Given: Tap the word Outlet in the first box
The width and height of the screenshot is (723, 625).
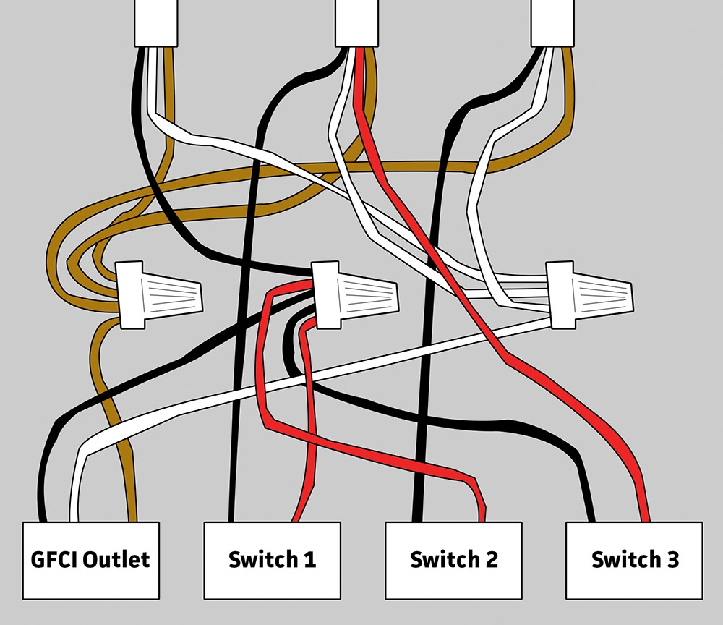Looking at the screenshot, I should [x=116, y=559].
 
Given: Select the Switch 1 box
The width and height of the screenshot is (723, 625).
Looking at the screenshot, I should [x=272, y=560].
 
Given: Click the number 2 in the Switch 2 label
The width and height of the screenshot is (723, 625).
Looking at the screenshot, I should [x=491, y=560].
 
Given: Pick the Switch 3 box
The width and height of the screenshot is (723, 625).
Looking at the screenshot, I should [x=634, y=560].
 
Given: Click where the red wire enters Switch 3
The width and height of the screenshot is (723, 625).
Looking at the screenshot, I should [x=645, y=519].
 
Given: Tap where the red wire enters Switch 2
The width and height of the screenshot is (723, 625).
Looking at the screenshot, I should [x=481, y=519].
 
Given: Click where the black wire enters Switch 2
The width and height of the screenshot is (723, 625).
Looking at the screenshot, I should [x=416, y=519].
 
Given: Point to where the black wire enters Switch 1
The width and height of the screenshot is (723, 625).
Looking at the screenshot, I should [x=231, y=519].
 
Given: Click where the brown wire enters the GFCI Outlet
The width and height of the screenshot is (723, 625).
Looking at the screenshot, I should [x=132, y=519].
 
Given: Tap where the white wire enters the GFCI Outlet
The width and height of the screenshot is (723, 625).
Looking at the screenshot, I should [x=72, y=519].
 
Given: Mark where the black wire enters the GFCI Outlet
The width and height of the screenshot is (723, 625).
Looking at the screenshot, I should [x=44, y=519].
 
